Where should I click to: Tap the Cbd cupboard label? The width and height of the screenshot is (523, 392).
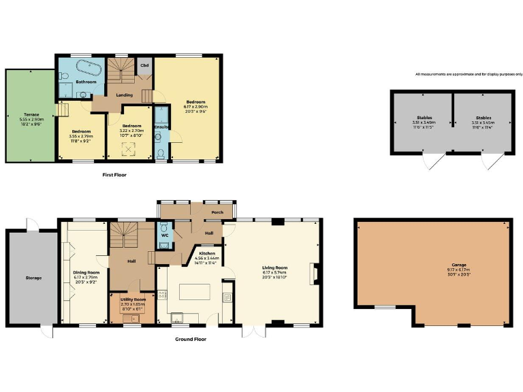coord(144,65)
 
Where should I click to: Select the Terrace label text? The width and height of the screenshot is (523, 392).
coord(31,114)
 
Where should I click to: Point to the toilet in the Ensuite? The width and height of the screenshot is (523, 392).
coord(159,154)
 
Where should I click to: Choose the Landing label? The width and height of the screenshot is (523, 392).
coord(124,95)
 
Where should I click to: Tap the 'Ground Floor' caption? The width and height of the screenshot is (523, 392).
coord(190,338)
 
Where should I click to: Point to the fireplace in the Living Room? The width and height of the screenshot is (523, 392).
coord(313,273)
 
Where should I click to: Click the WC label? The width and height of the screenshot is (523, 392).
coord(165,244)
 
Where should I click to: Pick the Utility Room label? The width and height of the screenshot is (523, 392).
coord(133,299)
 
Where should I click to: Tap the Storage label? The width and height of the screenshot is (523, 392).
coord(33,278)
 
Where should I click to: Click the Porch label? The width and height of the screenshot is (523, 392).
coord(217,212)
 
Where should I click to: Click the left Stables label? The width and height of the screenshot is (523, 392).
coord(416,117)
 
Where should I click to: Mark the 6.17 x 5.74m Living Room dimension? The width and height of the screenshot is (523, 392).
coord(275,272)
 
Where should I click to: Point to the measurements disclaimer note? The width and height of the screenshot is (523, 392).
coord(469,74)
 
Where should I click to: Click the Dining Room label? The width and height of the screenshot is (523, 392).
coord(86,272)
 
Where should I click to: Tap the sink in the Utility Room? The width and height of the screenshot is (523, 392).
coord(134,318)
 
